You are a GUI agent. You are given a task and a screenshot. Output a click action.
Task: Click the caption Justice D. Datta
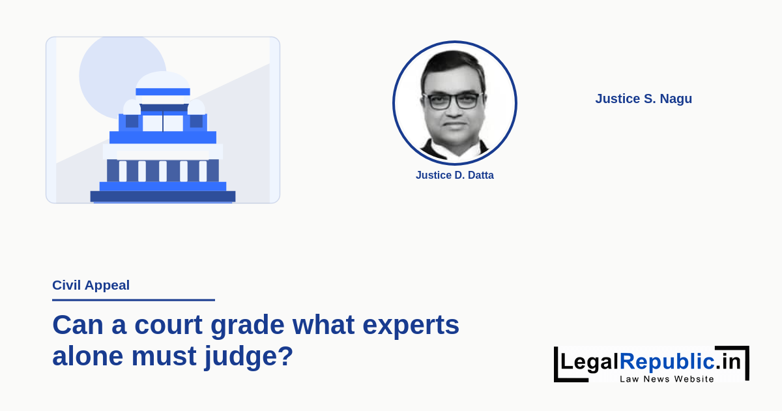pos(455,175)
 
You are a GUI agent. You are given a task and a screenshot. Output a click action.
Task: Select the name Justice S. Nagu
pos(643,99)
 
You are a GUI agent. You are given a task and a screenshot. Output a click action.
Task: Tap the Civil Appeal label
pos(91,285)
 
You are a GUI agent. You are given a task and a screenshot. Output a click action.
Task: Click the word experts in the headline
pos(411,326)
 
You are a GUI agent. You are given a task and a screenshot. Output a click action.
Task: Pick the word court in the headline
pos(168,325)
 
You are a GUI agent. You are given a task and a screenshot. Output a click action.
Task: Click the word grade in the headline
pos(248,326)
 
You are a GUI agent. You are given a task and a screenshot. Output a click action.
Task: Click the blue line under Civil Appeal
pos(134,300)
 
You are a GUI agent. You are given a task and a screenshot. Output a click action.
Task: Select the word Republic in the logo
pos(667,361)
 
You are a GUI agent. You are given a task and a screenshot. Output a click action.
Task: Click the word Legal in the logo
pos(590,361)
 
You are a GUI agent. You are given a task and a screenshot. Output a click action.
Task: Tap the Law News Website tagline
pos(667,379)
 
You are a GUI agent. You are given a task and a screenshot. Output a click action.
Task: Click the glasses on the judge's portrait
pos(454,101)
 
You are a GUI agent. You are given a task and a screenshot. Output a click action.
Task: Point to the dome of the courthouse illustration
pos(163,80)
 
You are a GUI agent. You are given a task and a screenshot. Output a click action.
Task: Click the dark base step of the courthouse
pos(163,196)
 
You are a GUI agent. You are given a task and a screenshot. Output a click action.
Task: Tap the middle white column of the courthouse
pos(163,171)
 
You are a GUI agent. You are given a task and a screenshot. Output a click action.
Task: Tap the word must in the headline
pos(164,356)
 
